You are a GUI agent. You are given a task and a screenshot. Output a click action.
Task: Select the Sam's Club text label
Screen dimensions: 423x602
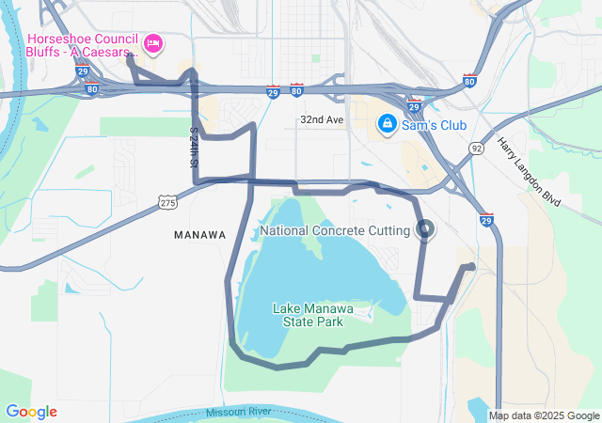[436, 123]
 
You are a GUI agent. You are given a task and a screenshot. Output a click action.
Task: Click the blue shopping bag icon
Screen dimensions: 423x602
[387, 123]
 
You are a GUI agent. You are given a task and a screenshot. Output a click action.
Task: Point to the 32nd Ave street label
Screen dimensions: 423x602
[323, 120]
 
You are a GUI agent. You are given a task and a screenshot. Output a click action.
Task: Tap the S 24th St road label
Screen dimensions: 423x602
[194, 149]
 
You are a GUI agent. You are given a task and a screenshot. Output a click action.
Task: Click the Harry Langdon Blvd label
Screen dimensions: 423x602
[528, 171]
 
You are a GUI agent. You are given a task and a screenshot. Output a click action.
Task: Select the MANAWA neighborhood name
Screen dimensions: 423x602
[200, 234]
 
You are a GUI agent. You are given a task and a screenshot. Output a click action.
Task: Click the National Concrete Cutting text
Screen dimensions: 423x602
[335, 230]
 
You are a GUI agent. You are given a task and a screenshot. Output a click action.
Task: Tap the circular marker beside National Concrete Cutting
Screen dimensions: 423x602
[425, 229]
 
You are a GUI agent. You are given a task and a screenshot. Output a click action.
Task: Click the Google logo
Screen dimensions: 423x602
[31, 412]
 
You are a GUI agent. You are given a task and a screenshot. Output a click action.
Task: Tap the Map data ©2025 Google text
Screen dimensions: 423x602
[543, 415]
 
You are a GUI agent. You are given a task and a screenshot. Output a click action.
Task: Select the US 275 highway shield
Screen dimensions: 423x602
[167, 202]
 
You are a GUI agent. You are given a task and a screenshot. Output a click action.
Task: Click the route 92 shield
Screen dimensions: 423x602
[477, 149]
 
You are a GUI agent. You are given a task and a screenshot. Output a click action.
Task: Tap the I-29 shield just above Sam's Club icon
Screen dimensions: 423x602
[413, 106]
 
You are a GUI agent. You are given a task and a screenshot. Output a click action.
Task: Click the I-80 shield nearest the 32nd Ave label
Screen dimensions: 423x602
[296, 91]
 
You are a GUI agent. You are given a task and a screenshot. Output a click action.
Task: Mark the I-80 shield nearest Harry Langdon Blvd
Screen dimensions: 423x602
[469, 82]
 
